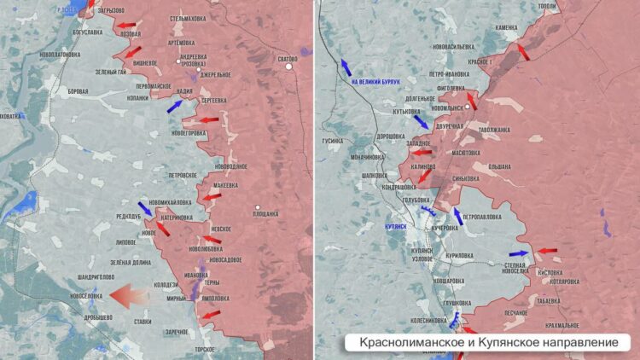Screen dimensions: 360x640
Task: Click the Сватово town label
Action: tap(288, 58)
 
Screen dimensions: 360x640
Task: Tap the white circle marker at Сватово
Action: tap(289, 67)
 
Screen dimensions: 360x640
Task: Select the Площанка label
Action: tap(266, 214)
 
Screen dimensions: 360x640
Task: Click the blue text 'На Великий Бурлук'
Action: tap(376, 82)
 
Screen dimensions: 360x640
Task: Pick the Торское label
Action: tap(205, 349)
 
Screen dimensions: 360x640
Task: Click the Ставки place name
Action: tap(143, 322)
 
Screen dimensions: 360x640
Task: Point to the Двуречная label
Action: tap(449, 126)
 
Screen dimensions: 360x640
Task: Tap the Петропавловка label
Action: tap(483, 218)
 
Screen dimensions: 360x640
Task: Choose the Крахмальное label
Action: tap(562, 325)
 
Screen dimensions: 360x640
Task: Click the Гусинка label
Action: tap(332, 141)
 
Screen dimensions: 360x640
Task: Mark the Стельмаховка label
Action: tap(188, 17)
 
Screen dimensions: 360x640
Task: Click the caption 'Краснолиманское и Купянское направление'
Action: tap(489, 342)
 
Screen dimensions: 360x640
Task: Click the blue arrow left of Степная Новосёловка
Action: tap(518, 253)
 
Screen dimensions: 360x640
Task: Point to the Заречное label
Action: tap(176, 332)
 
